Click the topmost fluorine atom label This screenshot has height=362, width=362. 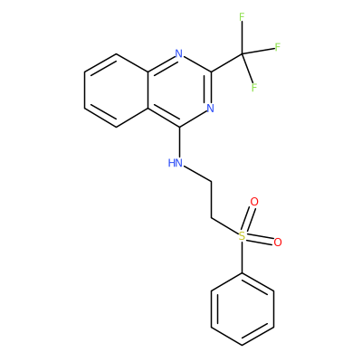click(x=242, y=17)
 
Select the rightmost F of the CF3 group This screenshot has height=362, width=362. click(x=278, y=47)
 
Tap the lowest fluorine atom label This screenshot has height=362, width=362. click(x=254, y=88)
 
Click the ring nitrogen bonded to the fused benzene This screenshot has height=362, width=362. click(x=179, y=53)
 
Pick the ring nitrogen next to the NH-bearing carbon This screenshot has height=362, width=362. click(x=210, y=108)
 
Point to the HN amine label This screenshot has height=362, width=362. click(x=176, y=163)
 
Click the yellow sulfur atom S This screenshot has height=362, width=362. click(x=242, y=236)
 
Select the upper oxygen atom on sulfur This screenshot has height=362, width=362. click(x=254, y=202)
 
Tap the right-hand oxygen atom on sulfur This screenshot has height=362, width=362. click(x=278, y=242)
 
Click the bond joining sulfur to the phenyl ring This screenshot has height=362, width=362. click(x=242, y=257)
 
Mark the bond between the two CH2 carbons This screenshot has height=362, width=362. click(x=211, y=199)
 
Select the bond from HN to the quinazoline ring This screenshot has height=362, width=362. click(x=180, y=142)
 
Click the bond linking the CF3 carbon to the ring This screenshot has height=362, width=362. click(x=226, y=63)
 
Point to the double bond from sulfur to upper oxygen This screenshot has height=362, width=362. click(x=249, y=219)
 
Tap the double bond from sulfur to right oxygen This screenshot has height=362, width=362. click(x=260, y=239)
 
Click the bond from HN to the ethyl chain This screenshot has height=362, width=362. click(x=197, y=174)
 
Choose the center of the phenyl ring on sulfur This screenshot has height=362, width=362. click(x=243, y=309)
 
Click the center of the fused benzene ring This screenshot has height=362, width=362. click(x=117, y=90)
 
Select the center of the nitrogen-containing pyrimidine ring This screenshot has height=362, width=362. click(x=180, y=90)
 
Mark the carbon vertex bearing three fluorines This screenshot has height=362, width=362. click(x=242, y=54)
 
